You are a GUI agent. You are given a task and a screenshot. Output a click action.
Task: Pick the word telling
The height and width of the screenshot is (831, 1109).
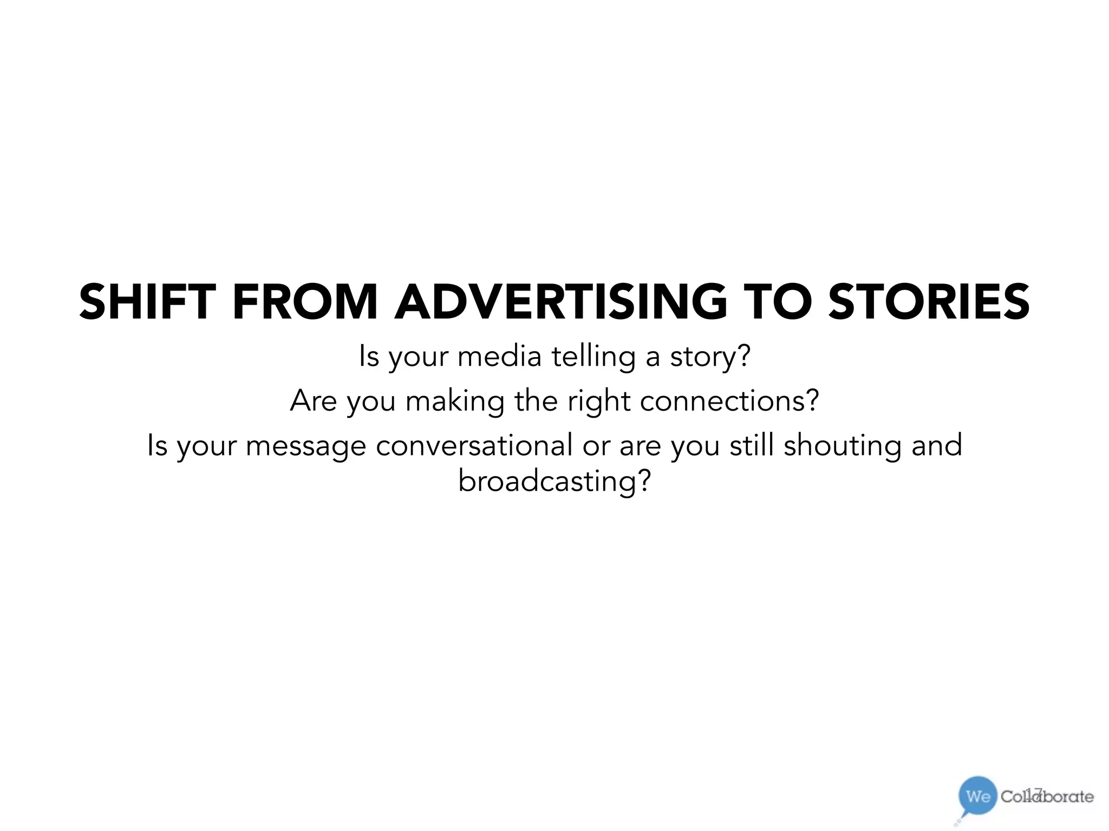(x=593, y=357)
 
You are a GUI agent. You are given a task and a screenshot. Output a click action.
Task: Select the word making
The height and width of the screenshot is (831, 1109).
(x=455, y=401)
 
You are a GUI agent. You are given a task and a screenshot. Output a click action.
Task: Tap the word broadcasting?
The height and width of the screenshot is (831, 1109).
(x=554, y=481)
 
